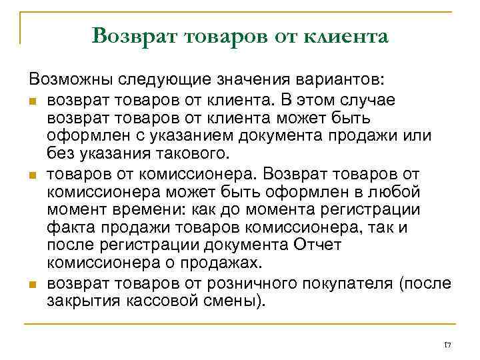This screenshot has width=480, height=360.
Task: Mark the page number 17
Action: [x=447, y=345]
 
